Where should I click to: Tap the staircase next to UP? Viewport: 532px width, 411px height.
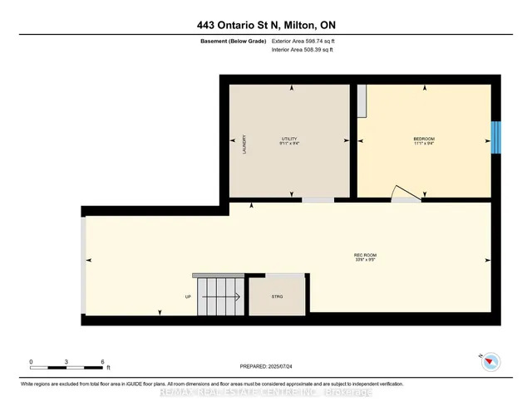(x=219, y=295)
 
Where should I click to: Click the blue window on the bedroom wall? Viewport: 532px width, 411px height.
(x=496, y=138)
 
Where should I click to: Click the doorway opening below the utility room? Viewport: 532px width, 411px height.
(x=318, y=199)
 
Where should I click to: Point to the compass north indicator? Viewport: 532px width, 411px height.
(x=491, y=361)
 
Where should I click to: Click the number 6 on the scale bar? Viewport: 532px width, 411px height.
(x=101, y=362)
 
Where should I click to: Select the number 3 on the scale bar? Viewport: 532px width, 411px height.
(x=66, y=362)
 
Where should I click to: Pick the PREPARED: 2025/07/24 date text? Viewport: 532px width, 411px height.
(x=266, y=365)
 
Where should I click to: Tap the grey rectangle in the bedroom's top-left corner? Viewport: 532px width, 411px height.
(x=362, y=102)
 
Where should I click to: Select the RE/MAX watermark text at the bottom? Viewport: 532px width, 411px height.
(x=265, y=391)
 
